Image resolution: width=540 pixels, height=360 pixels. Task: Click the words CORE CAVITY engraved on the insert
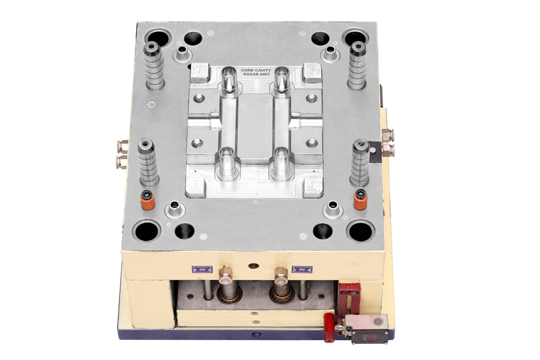(256, 70)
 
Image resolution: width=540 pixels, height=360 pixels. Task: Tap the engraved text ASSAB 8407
(256, 74)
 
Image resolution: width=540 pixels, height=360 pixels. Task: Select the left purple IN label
(202, 269)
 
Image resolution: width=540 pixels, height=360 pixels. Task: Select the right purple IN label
(302, 269)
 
